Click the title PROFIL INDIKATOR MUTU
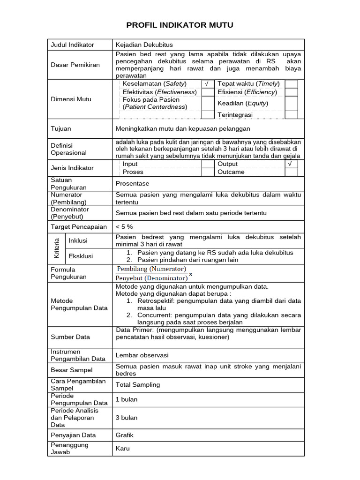180,25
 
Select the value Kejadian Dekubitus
144,45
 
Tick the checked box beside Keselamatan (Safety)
208,84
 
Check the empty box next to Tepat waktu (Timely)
291,84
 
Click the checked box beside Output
291,164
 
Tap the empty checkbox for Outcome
291,172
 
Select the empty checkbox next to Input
208,164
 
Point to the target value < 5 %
124,226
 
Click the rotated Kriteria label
57,248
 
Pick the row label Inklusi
78,241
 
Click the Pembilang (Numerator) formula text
151,269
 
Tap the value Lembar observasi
142,355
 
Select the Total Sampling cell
138,385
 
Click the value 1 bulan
127,399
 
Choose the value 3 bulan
127,418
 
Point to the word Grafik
125,435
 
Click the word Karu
123,449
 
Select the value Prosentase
132,184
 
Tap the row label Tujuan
61,128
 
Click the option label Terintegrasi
235,115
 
